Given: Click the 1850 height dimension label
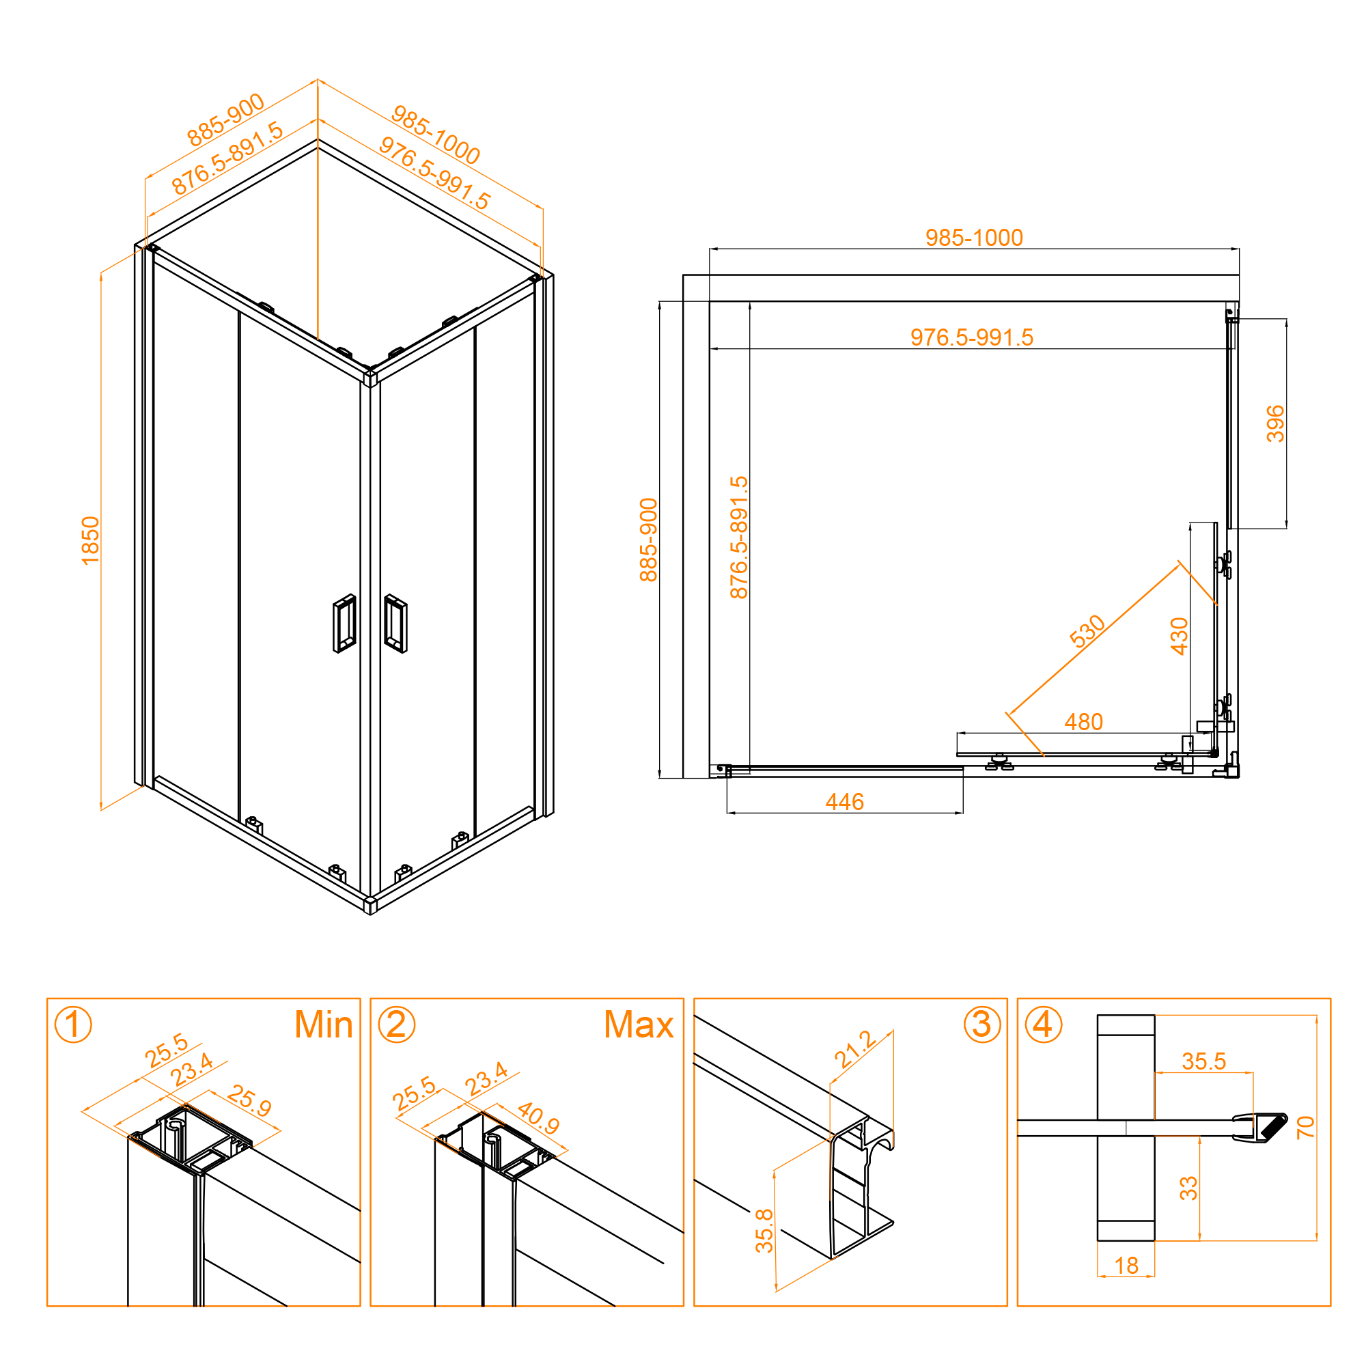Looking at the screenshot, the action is click(x=91, y=541).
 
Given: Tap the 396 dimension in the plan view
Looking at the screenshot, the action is click(x=1274, y=423).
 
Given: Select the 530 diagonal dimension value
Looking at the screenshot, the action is click(x=1087, y=631).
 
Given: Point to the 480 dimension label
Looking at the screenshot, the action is click(x=1083, y=722).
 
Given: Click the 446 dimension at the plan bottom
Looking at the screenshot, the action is click(x=844, y=802).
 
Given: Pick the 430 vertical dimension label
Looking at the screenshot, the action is click(x=1179, y=637).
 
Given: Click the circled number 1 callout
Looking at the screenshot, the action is click(x=73, y=1024).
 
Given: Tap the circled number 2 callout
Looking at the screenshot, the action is click(x=397, y=1024).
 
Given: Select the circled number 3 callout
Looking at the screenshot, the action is click(x=982, y=1024).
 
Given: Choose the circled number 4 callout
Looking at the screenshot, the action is click(x=1044, y=1024).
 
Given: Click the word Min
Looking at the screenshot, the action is click(x=324, y=1024).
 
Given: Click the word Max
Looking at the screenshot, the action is click(x=639, y=1024).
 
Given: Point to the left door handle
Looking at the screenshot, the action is click(x=344, y=624).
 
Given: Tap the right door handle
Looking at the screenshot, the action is click(x=395, y=624).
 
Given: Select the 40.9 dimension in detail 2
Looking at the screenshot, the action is click(x=538, y=1118).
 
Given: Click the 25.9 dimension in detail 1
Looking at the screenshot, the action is click(x=249, y=1102).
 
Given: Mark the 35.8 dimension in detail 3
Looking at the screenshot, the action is click(x=764, y=1231).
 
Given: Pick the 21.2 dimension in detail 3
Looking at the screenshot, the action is click(x=856, y=1050).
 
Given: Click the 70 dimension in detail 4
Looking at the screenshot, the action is click(x=1305, y=1127).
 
